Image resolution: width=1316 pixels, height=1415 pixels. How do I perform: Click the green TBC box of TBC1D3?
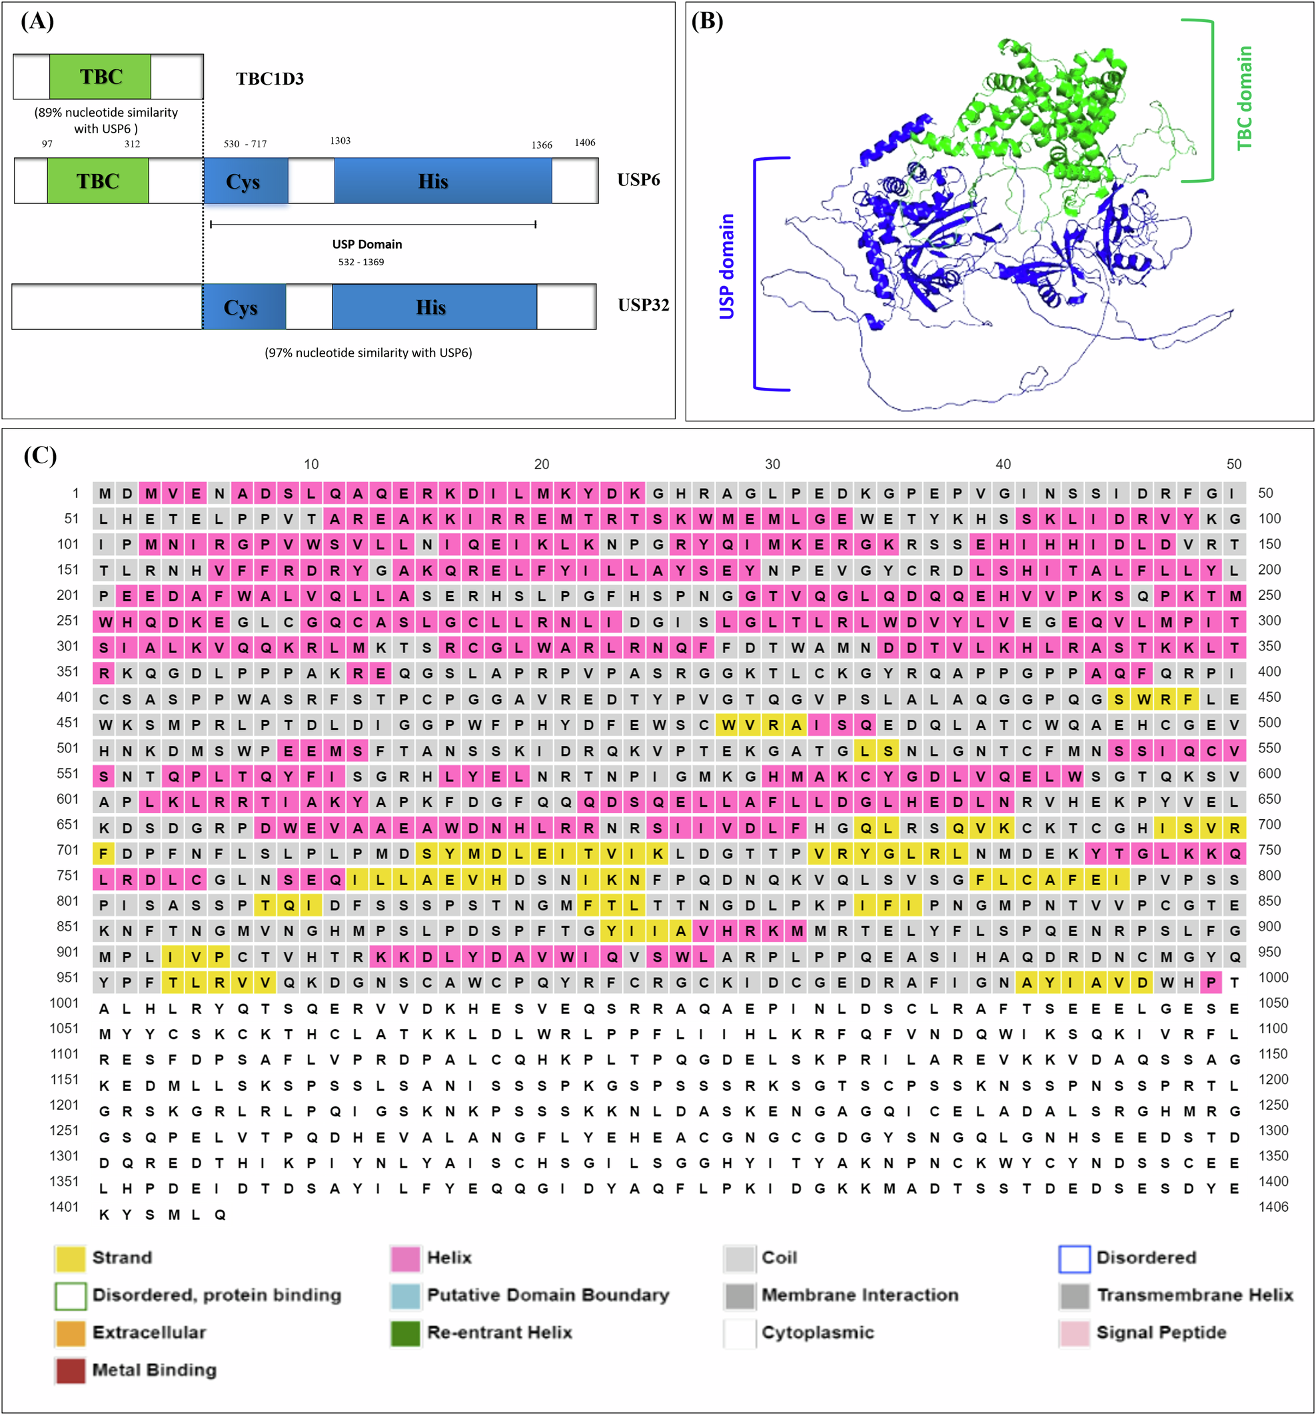pyautogui.click(x=100, y=76)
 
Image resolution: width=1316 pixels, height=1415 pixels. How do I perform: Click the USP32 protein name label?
pyautogui.click(x=643, y=305)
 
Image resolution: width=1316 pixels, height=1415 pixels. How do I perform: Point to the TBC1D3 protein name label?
pyautogui.click(x=270, y=78)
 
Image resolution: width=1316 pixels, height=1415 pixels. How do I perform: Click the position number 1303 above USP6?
pyautogui.click(x=340, y=141)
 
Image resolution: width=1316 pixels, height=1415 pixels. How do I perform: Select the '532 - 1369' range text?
pyautogui.click(x=361, y=262)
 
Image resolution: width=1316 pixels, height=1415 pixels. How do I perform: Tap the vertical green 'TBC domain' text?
pyautogui.click(x=1244, y=98)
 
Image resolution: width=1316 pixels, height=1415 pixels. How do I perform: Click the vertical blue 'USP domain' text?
pyautogui.click(x=727, y=266)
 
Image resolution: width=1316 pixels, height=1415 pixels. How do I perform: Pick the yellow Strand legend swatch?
pyautogui.click(x=70, y=1258)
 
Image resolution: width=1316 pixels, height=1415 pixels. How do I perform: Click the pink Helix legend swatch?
pyautogui.click(x=405, y=1258)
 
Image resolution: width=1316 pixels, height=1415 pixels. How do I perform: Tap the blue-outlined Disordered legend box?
pyautogui.click(x=1074, y=1258)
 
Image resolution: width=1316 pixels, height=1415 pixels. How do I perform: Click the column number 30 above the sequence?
pyautogui.click(x=772, y=464)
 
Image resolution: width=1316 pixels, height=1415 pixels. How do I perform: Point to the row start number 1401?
pyautogui.click(x=64, y=1206)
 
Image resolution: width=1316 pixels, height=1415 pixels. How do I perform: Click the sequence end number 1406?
pyautogui.click(x=1273, y=1206)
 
